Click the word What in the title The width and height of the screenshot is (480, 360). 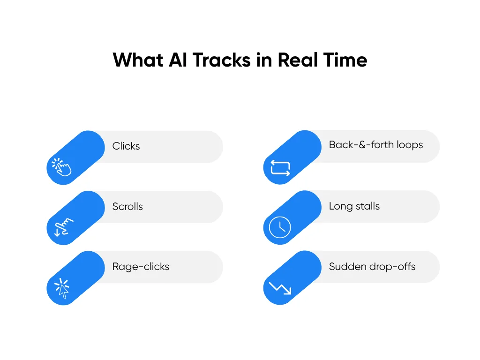[x=138, y=60]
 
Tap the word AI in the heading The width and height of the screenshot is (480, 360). [x=178, y=60]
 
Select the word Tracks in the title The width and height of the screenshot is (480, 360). [x=222, y=60]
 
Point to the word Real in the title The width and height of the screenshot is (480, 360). [x=297, y=60]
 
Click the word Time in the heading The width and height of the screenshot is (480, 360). [x=345, y=60]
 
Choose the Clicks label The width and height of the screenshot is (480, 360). [x=126, y=146]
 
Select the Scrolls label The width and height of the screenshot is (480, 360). [x=127, y=206]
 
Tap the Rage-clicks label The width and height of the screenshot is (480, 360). [x=141, y=267]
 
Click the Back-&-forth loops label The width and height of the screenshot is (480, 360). [x=376, y=145]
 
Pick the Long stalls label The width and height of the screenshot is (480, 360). [x=354, y=206]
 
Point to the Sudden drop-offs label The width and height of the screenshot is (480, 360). [x=372, y=267]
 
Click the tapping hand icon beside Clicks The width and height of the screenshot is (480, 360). [x=61, y=167]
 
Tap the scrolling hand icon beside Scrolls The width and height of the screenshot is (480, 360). [x=64, y=227]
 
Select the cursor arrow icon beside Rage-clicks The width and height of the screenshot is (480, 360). [x=62, y=288]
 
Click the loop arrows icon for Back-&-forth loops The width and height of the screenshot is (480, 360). [x=280, y=168]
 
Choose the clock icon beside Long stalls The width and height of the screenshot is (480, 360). [x=280, y=227]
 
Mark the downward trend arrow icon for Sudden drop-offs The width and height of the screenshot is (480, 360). [x=280, y=288]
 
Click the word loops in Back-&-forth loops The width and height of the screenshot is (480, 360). [x=410, y=145]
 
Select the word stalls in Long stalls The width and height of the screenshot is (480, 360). [x=367, y=206]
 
